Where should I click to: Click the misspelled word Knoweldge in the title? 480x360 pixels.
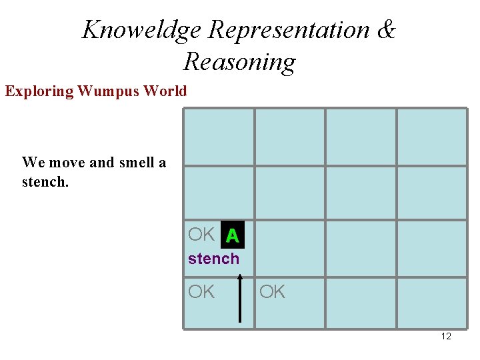point(141,30)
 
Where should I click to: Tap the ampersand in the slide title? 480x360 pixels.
point(386,30)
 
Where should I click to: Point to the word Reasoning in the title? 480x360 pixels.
point(239,62)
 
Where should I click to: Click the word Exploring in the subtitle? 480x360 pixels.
point(39,91)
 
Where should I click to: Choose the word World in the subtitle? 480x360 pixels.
point(165,91)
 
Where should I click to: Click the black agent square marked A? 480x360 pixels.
point(232,235)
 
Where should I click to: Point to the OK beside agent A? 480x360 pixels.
point(201,235)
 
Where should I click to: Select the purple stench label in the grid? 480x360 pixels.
point(213,259)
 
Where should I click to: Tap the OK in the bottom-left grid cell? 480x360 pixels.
point(201,292)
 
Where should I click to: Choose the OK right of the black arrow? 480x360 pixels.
point(272,292)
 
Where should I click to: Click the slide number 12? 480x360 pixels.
point(446,336)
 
